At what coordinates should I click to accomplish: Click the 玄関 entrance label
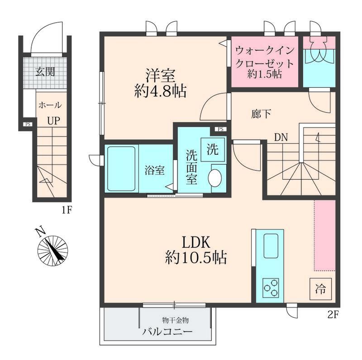[45, 71]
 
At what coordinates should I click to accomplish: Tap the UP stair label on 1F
[53, 121]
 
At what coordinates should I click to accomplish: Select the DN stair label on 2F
[281, 137]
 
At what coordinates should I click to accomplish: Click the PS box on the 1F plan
[28, 124]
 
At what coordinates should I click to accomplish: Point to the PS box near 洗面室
[221, 129]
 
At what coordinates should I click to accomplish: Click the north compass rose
[52, 251]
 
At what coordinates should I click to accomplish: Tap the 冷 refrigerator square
[320, 289]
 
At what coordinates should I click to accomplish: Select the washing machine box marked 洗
[213, 150]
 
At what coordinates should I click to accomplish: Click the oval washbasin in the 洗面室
[215, 178]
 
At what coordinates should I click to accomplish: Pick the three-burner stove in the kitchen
[271, 288]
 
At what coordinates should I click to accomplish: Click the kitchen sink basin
[271, 246]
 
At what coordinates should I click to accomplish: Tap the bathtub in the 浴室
[121, 169]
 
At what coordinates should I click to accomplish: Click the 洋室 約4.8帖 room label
[161, 83]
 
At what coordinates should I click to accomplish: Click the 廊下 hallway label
[261, 114]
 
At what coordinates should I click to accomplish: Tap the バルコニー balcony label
[167, 332]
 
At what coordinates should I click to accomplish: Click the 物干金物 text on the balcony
[176, 320]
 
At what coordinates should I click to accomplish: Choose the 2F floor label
[333, 315]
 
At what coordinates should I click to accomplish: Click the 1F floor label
[67, 210]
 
